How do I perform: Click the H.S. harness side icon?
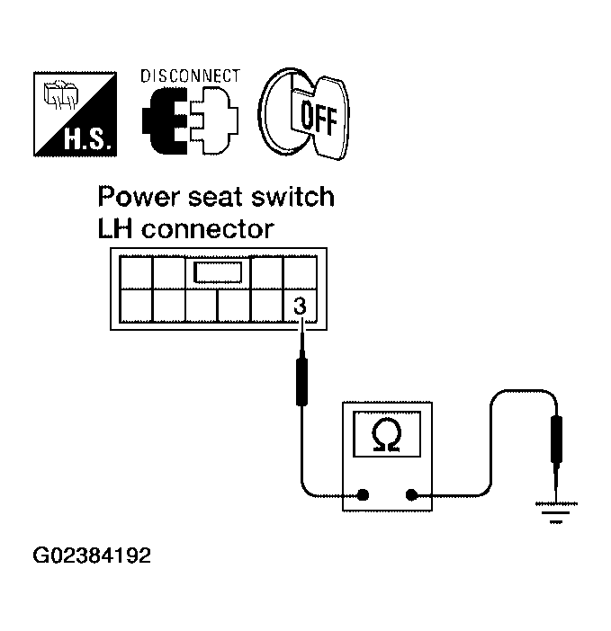(x=75, y=114)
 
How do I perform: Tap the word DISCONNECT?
(x=191, y=76)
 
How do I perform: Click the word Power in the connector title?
(x=139, y=198)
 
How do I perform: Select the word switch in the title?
(x=292, y=197)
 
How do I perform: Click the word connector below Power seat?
(x=208, y=230)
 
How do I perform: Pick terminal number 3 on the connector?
(x=300, y=306)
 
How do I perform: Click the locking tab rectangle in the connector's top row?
(x=218, y=272)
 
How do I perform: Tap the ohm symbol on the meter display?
(x=387, y=434)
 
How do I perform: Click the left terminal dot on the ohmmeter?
(x=363, y=495)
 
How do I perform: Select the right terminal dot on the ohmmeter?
(x=411, y=495)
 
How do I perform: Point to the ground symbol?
(x=556, y=512)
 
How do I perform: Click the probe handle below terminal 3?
(x=301, y=382)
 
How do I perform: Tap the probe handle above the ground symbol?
(x=556, y=440)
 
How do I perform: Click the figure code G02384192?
(x=92, y=555)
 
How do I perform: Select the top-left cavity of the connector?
(x=136, y=272)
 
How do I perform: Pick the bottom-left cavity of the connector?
(x=136, y=306)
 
